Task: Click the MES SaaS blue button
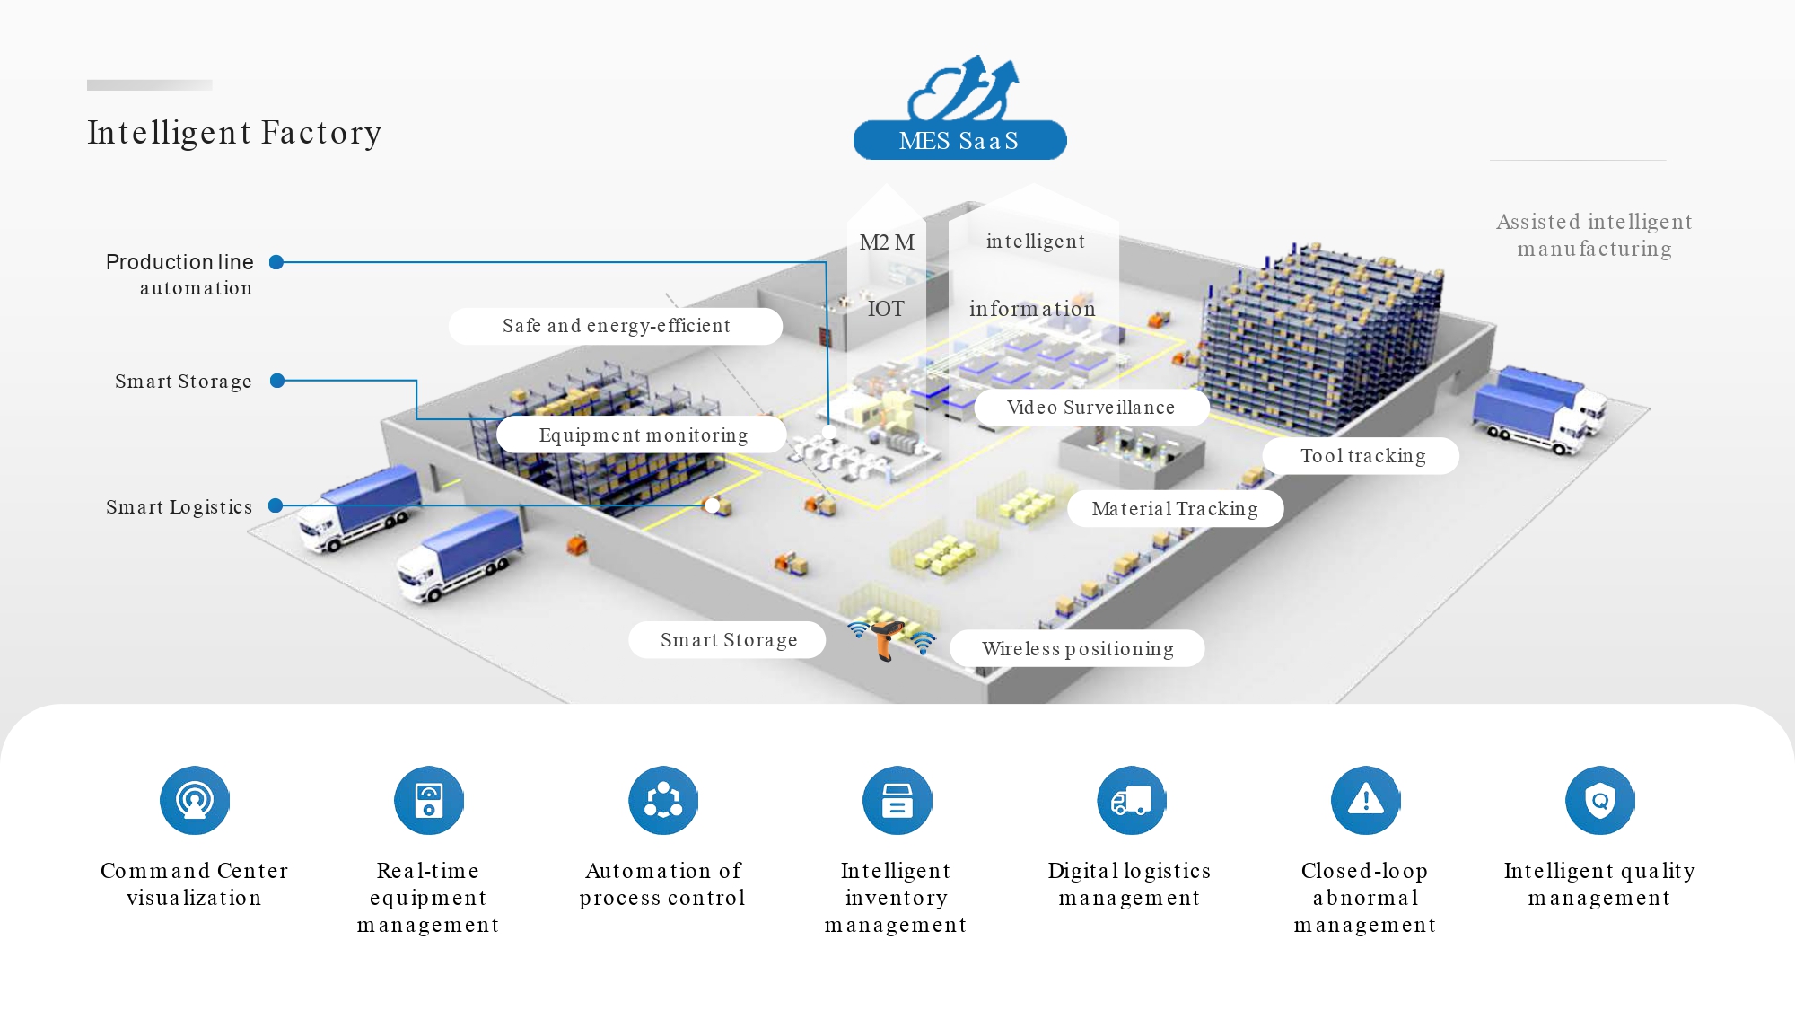tap(959, 140)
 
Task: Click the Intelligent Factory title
tap(234, 133)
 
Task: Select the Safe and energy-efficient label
tap(616, 326)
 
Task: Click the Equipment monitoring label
tap(643, 435)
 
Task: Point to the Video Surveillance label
tap(1091, 408)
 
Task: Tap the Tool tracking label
tap(1362, 456)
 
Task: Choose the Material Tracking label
tap(1175, 509)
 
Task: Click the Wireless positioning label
tap(1078, 648)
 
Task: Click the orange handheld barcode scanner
tap(887, 637)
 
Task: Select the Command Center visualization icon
tap(195, 800)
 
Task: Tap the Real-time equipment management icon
tap(429, 800)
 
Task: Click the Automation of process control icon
tap(663, 800)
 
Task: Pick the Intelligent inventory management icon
tap(897, 800)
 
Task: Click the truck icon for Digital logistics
tap(1132, 800)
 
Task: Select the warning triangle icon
tap(1366, 800)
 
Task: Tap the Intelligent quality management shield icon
tap(1600, 800)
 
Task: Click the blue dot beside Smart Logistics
tap(276, 506)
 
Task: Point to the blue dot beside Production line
tap(276, 262)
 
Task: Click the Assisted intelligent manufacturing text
tap(1594, 235)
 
